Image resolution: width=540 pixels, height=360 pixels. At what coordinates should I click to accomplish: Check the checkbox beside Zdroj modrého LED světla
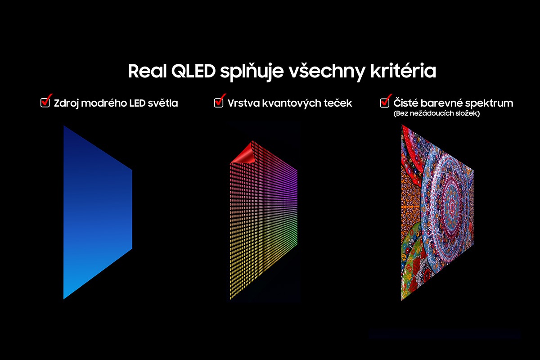pos(45,103)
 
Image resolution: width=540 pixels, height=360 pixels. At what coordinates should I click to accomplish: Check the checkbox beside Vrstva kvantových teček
pos(219,103)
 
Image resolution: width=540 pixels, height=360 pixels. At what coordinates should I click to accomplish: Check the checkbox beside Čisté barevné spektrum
pos(385,103)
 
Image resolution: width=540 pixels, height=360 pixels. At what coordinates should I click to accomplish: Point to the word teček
pos(337,103)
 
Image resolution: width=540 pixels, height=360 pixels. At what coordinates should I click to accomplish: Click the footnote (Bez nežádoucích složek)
pos(436,114)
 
